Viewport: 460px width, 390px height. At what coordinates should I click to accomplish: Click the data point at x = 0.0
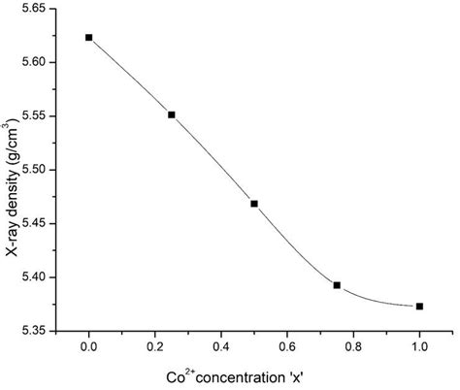point(89,38)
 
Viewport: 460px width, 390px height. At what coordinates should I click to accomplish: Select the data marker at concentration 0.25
point(172,114)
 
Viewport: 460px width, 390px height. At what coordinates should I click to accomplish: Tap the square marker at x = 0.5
point(254,204)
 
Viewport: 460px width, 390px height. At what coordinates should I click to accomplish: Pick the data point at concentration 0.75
point(337,285)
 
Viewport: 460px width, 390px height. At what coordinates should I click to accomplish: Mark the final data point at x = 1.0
point(419,307)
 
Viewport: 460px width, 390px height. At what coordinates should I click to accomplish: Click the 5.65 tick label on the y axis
point(38,9)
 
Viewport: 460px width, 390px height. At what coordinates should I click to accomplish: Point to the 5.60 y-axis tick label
point(38,62)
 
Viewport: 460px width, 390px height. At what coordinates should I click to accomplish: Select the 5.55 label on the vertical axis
point(38,115)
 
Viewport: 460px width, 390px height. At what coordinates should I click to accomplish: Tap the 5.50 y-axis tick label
point(38,170)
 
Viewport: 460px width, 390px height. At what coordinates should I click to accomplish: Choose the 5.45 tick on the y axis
point(38,223)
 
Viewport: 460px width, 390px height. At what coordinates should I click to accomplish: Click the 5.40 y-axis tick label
point(38,277)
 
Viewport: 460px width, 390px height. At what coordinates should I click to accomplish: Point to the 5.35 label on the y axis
point(38,331)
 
